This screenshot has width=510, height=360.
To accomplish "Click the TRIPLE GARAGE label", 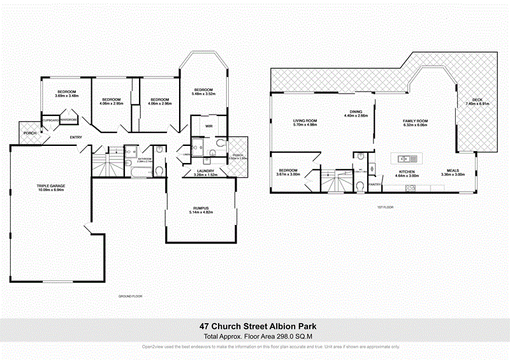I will pos(51,185).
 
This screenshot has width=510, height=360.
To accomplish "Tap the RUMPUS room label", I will pos(201,208).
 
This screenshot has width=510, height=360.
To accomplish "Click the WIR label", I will pos(208,126).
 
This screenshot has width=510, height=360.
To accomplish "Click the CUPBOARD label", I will pos(50,120).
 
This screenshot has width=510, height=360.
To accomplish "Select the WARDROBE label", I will pos(69,120).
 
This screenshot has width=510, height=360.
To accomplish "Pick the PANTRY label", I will pos(375,185).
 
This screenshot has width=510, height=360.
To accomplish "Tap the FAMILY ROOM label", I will pos(414,120).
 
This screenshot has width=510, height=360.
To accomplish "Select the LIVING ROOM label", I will pos(305,120).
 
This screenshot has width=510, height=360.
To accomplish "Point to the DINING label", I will pos(356,112).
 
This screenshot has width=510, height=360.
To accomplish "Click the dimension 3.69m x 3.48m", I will pos(67,96).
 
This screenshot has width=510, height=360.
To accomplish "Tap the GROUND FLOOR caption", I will pos(131,296).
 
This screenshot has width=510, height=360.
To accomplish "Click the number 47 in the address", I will pos(205,326).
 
